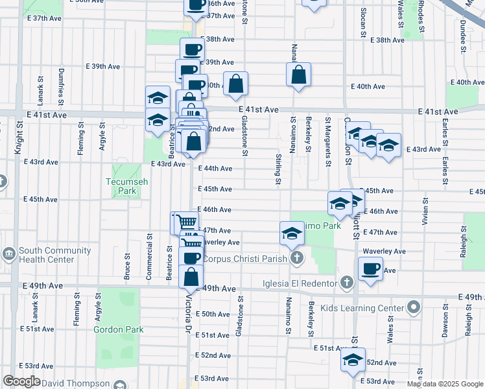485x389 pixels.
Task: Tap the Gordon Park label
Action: point(118,329)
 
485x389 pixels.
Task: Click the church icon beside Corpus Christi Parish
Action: point(297,259)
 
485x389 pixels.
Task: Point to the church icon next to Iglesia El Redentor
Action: point(347,283)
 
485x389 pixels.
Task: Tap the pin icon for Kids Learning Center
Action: point(412,307)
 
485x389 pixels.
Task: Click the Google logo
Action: point(21,381)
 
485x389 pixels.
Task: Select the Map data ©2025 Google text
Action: point(445,384)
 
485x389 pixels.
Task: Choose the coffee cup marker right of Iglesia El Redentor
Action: point(371,268)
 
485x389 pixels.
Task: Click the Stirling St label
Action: point(278,168)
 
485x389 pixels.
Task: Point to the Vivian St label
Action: point(425,213)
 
